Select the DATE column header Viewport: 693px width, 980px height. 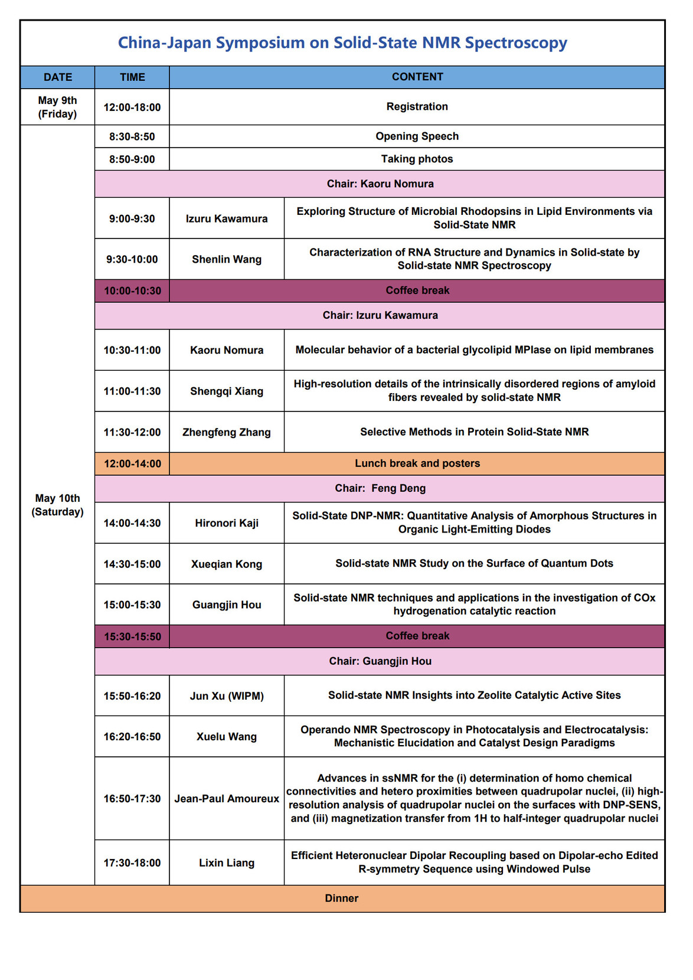coord(58,77)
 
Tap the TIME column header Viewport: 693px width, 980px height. coord(132,77)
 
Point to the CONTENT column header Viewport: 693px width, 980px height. coord(417,77)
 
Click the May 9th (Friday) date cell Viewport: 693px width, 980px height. coord(58,107)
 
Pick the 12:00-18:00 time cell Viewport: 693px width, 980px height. coord(132,107)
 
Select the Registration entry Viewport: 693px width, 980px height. coord(417,106)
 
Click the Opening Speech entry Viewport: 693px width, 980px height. coord(417,136)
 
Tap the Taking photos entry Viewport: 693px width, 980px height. coord(417,159)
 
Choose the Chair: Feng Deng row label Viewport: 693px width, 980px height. coord(380,488)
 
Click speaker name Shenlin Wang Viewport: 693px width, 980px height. coord(227,259)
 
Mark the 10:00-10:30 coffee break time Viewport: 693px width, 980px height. coord(132,290)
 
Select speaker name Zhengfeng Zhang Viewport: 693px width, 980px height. coord(227,432)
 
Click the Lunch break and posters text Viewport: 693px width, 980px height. coord(417,463)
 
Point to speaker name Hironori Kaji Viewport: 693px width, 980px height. coord(227,523)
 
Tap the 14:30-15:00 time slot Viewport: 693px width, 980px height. coord(132,564)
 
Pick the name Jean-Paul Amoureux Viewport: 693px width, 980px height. coord(227,799)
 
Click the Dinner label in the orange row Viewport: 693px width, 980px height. coord(342,899)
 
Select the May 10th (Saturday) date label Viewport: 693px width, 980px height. coord(58,505)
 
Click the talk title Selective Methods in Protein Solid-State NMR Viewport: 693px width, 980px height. coord(475,432)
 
